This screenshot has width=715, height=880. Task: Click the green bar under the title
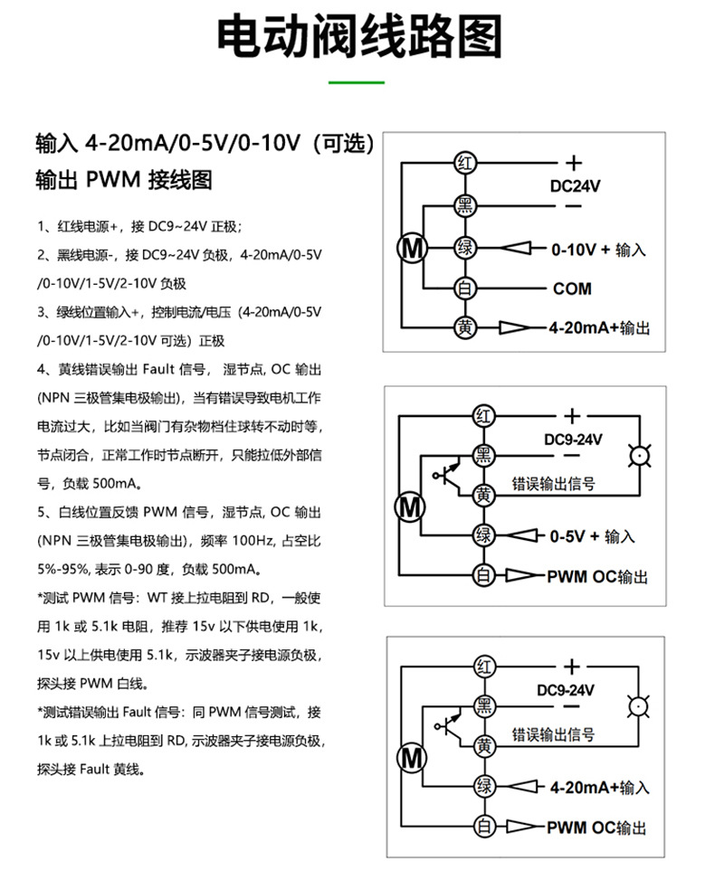tap(357, 83)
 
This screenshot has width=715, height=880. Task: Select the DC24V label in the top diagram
tap(576, 185)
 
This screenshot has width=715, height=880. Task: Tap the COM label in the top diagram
tap(572, 289)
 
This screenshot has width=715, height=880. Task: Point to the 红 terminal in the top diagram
tap(464, 165)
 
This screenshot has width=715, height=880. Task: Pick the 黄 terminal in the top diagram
tap(464, 327)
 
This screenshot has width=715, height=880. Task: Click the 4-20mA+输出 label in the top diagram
tap(598, 328)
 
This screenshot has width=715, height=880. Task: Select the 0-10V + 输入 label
tap(599, 249)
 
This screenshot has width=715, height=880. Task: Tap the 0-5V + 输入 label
tap(593, 536)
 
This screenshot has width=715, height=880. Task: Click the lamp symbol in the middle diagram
tap(640, 457)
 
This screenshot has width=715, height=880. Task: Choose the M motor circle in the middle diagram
tap(410, 506)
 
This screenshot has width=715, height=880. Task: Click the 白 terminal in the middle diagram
tap(483, 575)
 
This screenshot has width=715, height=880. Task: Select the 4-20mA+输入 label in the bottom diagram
tap(599, 787)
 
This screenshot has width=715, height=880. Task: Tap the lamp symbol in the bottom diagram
tap(640, 706)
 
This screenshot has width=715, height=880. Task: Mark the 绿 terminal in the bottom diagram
tap(485, 787)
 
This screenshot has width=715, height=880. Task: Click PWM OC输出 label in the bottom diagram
tap(597, 828)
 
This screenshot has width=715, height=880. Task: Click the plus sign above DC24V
tap(573, 164)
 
